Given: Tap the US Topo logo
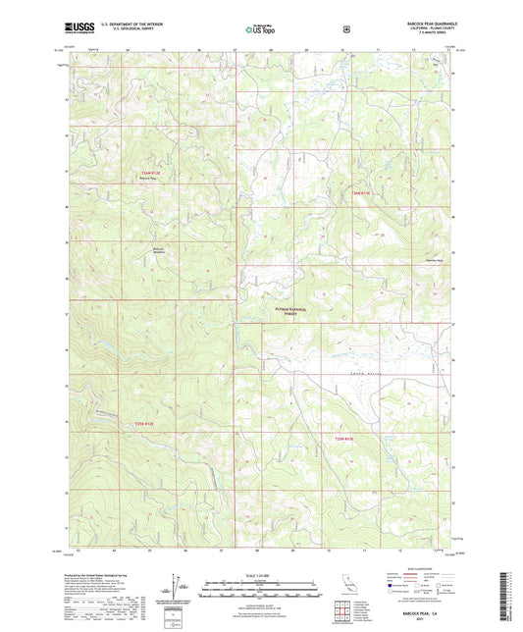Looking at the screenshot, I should click(x=261, y=30).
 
